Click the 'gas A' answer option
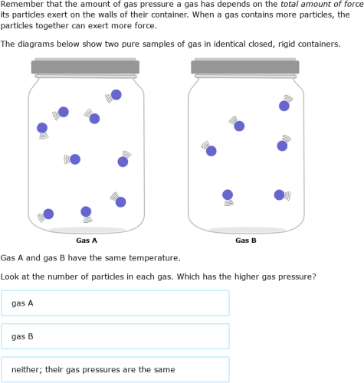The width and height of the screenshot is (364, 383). point(115,303)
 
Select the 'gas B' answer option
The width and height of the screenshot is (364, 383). point(115,336)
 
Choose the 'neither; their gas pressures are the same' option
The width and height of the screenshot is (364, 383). point(115,369)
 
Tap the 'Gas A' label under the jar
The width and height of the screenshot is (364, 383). point(87,241)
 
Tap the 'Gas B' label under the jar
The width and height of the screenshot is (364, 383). point(246,241)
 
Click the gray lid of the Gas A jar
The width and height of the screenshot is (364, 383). point(84,67)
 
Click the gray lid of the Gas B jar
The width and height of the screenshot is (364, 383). point(244,67)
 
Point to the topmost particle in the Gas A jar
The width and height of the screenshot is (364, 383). point(116,95)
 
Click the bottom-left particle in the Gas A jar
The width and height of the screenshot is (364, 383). point(48,214)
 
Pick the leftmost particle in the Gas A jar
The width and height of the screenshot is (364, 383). point(42,128)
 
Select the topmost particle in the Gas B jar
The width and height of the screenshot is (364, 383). point(284,106)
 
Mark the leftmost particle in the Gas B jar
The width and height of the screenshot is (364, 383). point(212,151)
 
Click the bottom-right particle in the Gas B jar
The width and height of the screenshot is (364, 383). point(280,195)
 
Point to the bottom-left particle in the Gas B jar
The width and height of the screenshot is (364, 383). point(228,195)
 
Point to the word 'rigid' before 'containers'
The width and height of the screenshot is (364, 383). point(293,44)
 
